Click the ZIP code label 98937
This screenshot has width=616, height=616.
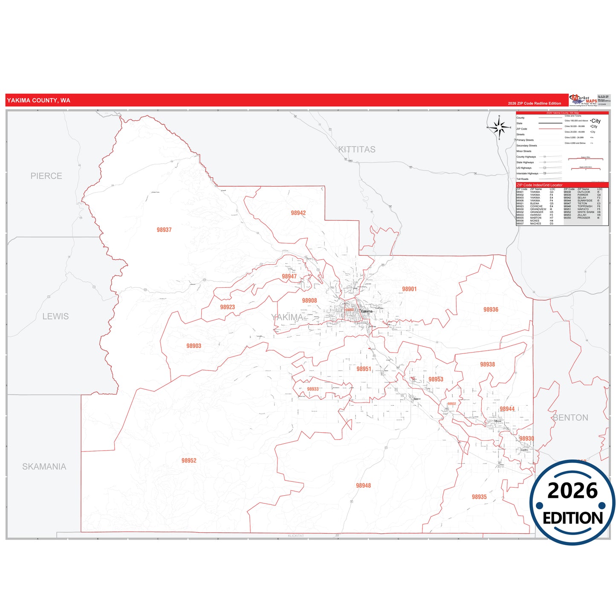[x=164, y=230]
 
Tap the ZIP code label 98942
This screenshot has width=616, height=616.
[x=298, y=213]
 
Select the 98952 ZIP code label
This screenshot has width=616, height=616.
[x=189, y=460]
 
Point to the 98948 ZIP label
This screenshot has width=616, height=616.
[x=363, y=486]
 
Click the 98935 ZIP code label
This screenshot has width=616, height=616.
[x=479, y=497]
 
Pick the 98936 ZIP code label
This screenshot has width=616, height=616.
[x=491, y=309]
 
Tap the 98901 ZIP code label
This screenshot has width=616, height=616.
[x=409, y=289]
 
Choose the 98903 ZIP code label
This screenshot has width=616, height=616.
[x=194, y=346]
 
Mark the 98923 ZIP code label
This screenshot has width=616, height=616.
[x=228, y=307]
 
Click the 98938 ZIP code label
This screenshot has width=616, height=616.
[x=487, y=364]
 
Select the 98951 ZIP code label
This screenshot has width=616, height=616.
[x=364, y=369]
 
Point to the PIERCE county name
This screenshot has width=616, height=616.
[x=46, y=176]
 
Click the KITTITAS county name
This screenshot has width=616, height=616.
[x=357, y=150]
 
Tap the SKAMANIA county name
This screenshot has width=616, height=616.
[x=44, y=467]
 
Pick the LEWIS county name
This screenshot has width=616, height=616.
[x=55, y=316]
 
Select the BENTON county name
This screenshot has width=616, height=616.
[x=570, y=418]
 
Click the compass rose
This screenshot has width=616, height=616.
[x=499, y=127]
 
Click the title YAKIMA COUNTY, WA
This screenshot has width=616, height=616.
[x=38, y=101]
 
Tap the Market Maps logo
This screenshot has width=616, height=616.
[x=584, y=100]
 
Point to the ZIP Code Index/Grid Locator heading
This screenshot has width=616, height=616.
[x=539, y=185]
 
